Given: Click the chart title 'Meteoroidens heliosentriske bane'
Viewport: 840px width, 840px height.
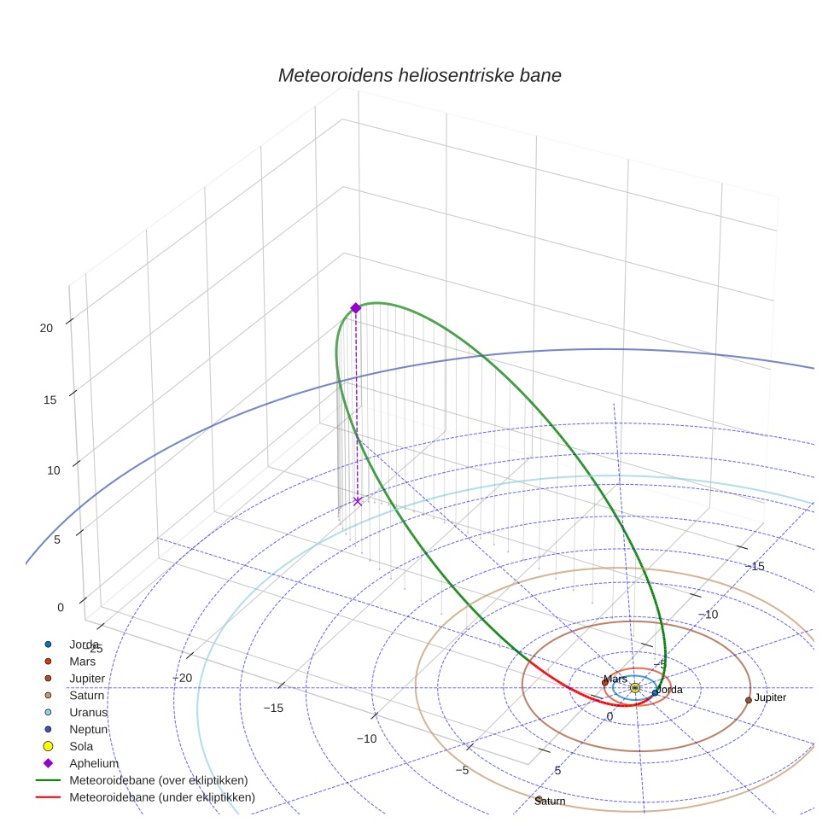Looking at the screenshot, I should pos(419,75).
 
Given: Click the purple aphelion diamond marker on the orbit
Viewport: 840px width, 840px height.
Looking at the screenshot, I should pos(356,308).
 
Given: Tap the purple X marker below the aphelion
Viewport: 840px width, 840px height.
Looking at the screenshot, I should pos(358,501).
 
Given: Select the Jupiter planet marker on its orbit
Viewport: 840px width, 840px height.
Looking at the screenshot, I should pos(749,700).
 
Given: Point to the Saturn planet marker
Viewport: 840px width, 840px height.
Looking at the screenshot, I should pos(539,799).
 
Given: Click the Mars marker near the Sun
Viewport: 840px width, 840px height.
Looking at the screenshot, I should pos(605,682).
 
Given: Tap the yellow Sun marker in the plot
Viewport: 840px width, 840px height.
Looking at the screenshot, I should pos(634,687).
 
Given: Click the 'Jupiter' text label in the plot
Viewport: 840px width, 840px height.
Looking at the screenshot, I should pos(770,697).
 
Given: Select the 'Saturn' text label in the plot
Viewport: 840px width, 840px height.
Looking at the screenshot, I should pos(551,802).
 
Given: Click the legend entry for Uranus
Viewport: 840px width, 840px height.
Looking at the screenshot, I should pos(88,712).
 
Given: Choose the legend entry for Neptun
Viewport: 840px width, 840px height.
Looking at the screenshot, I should pos(88,729).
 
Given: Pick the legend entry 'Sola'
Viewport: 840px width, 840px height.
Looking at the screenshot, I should pos(81,746).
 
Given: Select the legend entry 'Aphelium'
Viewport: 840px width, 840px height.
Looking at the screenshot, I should pos(93,763).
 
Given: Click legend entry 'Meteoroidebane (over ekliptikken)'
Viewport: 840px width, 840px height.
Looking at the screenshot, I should pos(158,780).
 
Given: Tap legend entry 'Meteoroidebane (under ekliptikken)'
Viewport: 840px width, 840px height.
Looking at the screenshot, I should pos(161,797).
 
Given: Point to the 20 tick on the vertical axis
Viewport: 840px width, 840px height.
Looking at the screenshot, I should pos(47,328).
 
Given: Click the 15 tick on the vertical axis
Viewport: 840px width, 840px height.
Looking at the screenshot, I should pos(50,400).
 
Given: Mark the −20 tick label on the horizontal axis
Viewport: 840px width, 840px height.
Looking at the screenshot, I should pos(182,678).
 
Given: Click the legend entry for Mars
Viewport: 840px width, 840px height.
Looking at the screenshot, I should pos(82,661).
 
